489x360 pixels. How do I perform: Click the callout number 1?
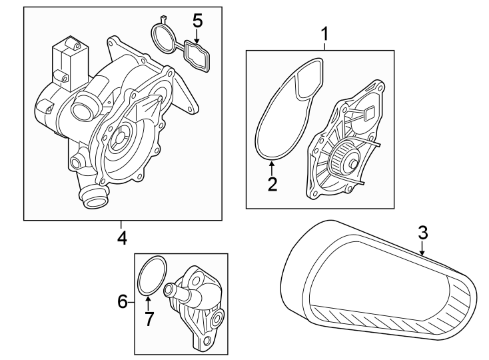pyautogui.click(x=324, y=32)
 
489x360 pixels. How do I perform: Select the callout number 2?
pyautogui.click(x=272, y=184)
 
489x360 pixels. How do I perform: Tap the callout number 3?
pyautogui.click(x=422, y=233)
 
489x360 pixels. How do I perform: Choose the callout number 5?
pyautogui.click(x=197, y=20)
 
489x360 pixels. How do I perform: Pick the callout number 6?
pyautogui.click(x=122, y=302)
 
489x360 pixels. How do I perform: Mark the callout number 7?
pyautogui.click(x=149, y=319)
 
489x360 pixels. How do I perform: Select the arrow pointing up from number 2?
pyautogui.click(x=272, y=167)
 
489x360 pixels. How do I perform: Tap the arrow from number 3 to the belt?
pyautogui.click(x=422, y=250)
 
